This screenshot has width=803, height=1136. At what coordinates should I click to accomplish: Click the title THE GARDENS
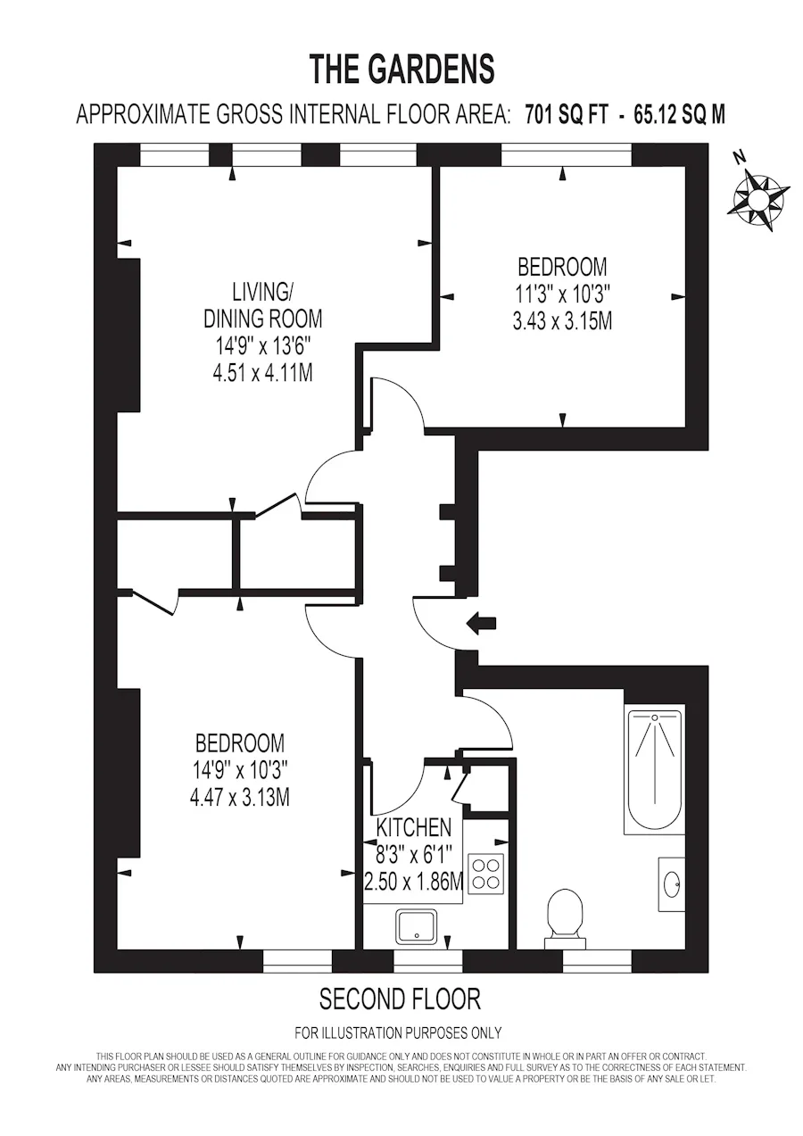point(402,69)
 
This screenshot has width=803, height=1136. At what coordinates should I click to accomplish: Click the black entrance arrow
point(481,623)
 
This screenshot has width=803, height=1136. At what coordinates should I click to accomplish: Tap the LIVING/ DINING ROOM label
point(262,306)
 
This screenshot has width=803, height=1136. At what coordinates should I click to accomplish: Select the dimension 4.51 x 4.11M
point(262,374)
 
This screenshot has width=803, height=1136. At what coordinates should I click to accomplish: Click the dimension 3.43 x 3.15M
point(562,320)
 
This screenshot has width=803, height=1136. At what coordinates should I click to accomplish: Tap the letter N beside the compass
point(741,158)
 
